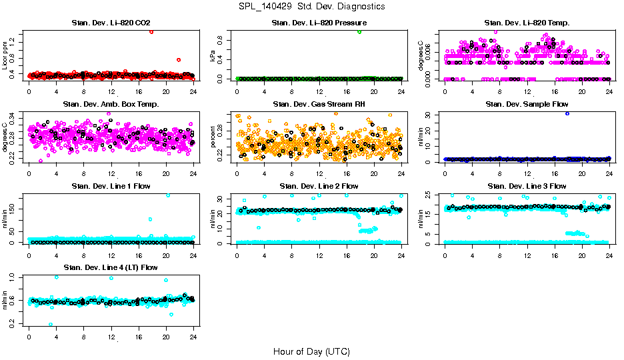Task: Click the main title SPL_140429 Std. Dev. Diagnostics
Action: coord(311,7)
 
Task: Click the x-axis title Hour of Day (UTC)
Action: coord(311,351)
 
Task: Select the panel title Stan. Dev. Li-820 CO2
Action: coord(111,23)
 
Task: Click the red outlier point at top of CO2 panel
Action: coord(152,31)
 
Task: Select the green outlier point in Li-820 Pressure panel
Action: coord(359,31)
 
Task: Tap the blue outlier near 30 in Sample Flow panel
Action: coord(567,113)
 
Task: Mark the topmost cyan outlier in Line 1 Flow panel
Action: coord(168,195)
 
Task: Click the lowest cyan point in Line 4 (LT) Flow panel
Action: coord(51,325)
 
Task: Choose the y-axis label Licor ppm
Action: coord(6,56)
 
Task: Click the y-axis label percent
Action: coord(214,137)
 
